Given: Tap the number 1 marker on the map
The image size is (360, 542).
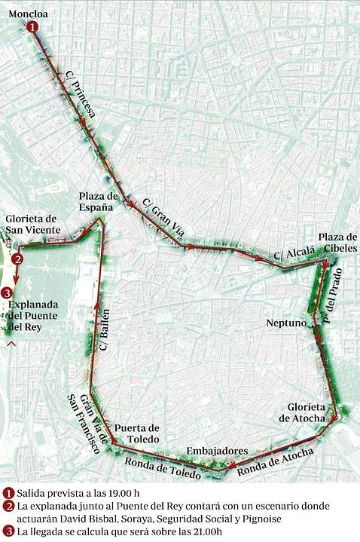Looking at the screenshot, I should pos(33,26).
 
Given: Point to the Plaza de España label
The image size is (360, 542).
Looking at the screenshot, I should pos(99,201).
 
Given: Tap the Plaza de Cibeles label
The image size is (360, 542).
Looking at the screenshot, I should pos(337,243).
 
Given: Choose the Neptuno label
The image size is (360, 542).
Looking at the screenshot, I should pos(286,323).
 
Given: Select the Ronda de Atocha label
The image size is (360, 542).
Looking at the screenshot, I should pos(269,464).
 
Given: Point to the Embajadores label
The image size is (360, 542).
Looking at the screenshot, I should pos(217,450).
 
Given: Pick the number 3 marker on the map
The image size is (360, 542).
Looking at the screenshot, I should pos(8,292).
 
